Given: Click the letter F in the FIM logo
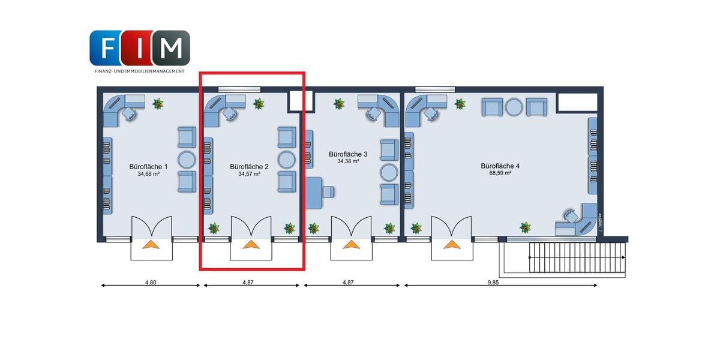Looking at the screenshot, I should point(107,48).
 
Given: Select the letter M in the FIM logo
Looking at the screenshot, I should point(172,48).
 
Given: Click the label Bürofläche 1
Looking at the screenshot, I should point(149,166).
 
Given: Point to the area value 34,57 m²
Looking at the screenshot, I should point(249,174).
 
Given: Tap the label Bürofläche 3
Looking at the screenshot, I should point(348,154).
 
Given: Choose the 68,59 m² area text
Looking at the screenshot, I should point(499,173).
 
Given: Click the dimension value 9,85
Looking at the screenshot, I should point(493,282).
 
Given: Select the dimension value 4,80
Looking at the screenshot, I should point(151,282).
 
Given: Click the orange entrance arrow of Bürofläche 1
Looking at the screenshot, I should point(151,244).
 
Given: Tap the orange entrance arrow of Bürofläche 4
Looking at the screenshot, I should point(451,244).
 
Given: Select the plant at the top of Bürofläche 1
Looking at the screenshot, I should point(158,104).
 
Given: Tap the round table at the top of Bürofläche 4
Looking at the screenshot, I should point(514,107).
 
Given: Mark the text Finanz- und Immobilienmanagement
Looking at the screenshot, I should point(140,71).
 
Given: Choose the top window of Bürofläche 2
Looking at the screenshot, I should point(239,89).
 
